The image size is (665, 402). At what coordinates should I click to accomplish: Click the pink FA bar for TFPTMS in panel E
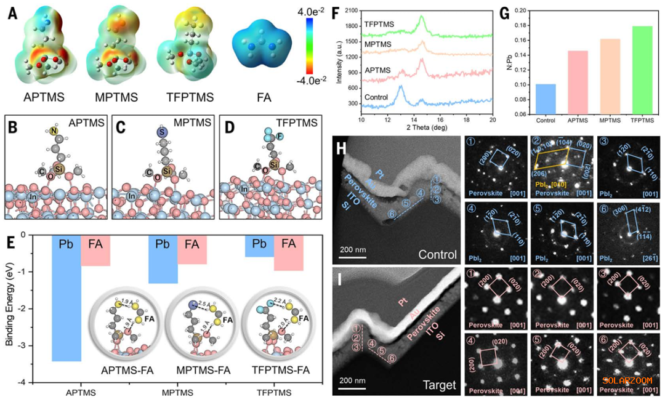(x=289, y=253)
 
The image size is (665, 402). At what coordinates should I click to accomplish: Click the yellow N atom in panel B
(x=55, y=131)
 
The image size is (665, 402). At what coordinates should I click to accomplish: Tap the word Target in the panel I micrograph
(x=440, y=385)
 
